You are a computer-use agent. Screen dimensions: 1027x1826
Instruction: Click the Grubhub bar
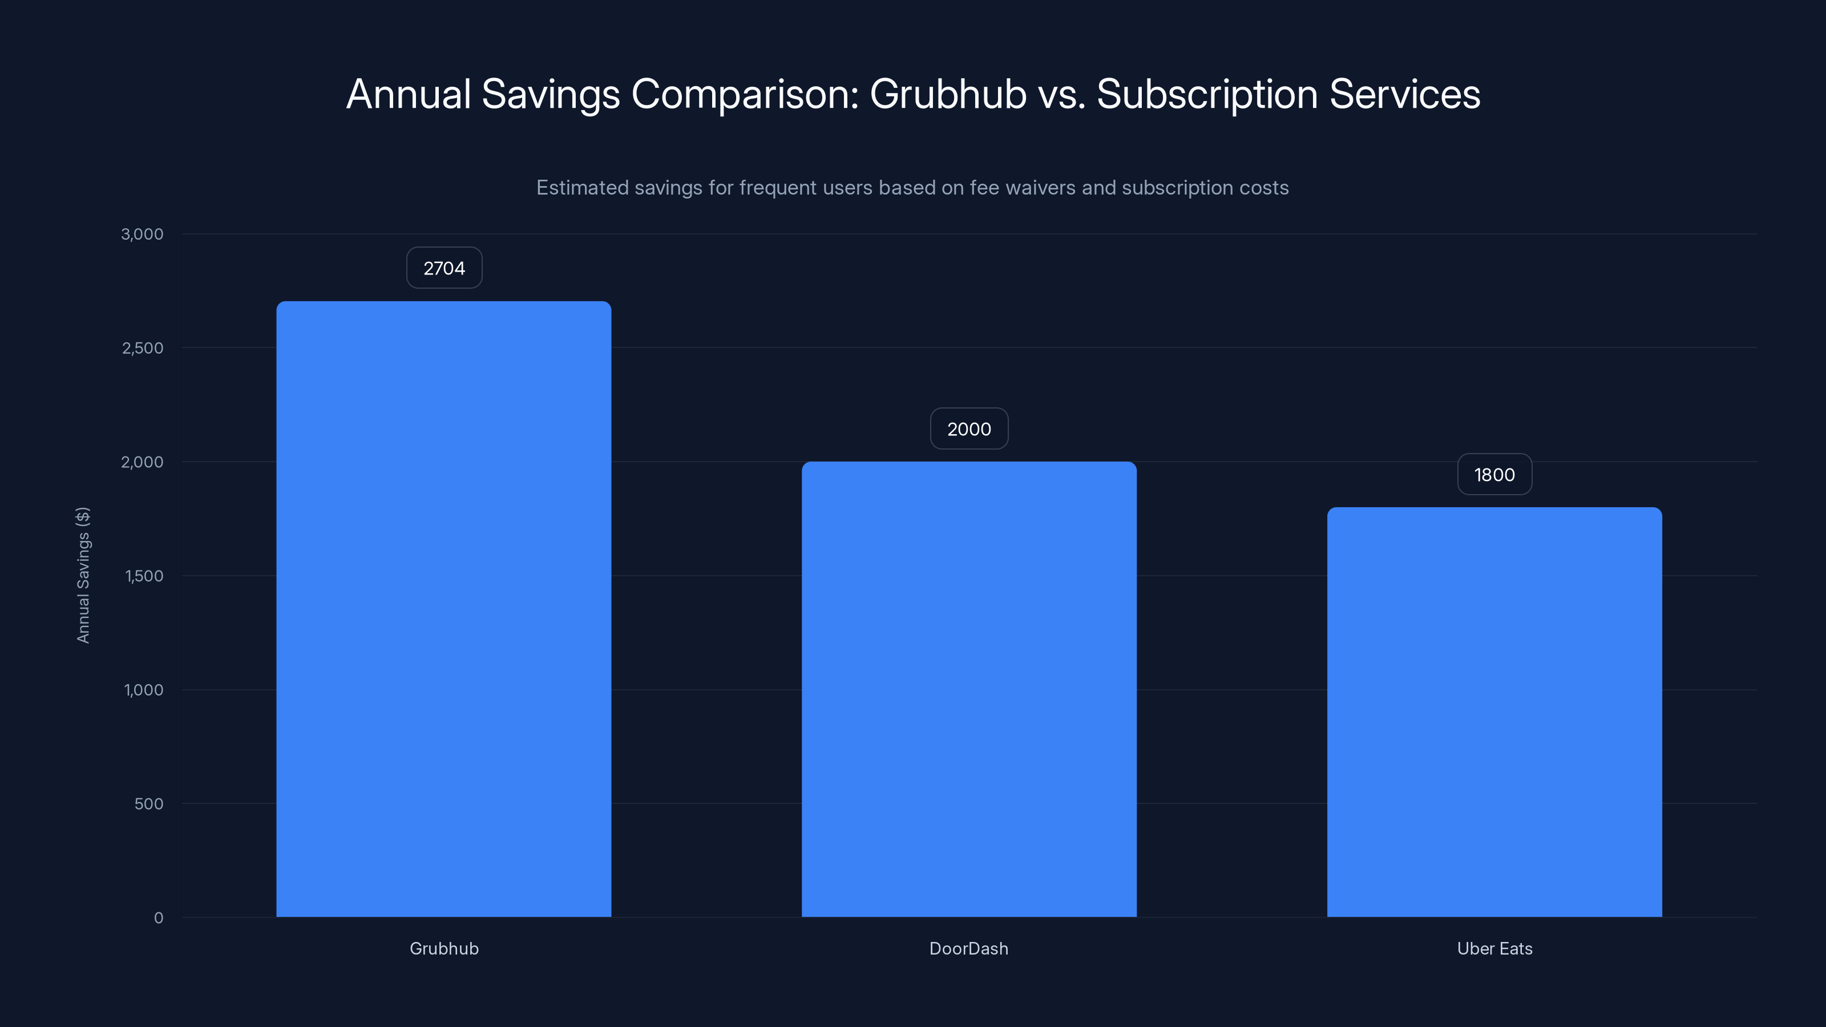pos(444,609)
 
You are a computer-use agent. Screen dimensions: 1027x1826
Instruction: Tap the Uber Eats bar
pos(1494,711)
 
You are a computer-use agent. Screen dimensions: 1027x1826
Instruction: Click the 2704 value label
pos(445,268)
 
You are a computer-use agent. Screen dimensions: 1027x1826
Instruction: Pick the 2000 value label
pos(969,429)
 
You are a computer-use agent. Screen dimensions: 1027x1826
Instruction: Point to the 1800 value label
pos(1494,475)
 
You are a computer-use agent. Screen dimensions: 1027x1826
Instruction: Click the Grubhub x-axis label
pos(445,948)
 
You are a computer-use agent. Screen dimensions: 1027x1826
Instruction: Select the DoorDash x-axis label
pos(969,948)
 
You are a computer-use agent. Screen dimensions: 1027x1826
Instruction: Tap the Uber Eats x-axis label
pos(1494,948)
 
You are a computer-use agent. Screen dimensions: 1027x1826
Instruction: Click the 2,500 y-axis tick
pos(143,348)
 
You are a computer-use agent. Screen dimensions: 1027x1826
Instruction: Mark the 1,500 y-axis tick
pos(144,576)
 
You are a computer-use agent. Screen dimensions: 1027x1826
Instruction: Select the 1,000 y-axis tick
pos(143,690)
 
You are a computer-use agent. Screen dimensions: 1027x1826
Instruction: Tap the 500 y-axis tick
pos(148,804)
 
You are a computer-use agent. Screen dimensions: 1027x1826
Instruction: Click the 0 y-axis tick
pos(158,918)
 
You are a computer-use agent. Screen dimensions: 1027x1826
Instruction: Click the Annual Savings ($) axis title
pos(83,575)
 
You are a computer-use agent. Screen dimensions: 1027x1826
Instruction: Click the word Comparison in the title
pos(744,94)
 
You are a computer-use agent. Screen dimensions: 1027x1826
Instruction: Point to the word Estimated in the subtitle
pos(582,188)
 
